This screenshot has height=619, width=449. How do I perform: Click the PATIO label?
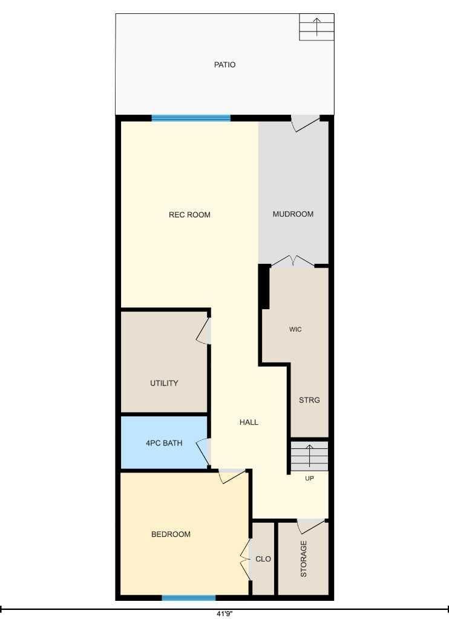224,65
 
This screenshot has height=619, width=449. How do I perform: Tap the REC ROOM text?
189,215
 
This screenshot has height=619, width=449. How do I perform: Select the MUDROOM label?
293,214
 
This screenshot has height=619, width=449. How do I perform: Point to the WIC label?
295,329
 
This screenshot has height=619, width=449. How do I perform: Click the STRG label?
309,400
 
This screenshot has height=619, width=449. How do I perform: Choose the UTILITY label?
164,383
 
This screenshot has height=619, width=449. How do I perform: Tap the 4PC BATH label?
164,443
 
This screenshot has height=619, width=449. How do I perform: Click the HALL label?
249,422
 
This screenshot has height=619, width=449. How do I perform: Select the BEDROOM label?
171,534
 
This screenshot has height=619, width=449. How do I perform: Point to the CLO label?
263,558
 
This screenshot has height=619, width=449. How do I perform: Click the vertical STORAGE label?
304,558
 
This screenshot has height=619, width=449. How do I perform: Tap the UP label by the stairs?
309,479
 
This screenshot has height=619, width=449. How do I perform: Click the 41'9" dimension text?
224,614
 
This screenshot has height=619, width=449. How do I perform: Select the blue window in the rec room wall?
191,117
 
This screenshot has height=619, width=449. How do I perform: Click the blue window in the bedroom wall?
189,598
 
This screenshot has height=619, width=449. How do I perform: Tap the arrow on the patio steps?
316,27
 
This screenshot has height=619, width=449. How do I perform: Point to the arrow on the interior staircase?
310,456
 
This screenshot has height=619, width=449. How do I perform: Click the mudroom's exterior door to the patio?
305,123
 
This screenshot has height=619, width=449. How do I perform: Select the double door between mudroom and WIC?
293,261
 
